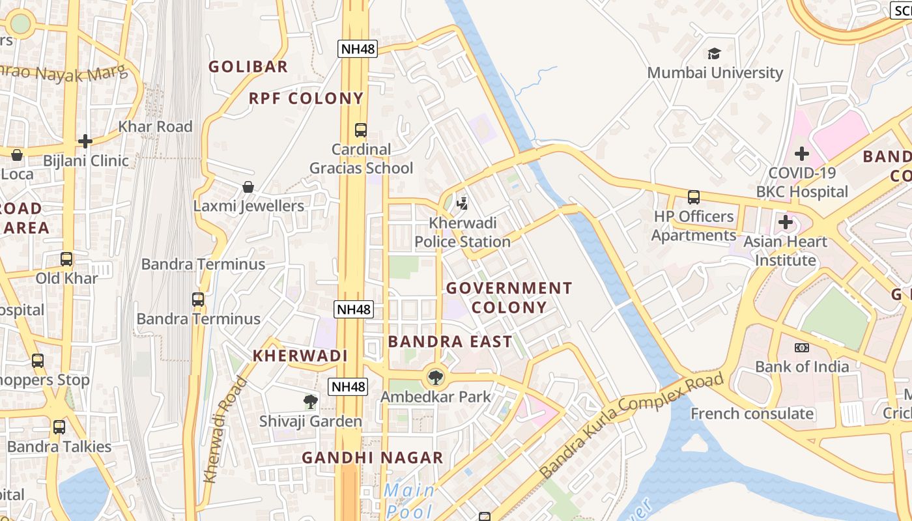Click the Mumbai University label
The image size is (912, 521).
[715, 72]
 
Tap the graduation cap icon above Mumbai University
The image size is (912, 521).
[715, 53]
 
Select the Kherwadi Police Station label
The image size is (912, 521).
[463, 232]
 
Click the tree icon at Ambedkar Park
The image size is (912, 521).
[435, 376]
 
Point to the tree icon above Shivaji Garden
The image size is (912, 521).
[311, 402]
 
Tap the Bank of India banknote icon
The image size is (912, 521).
[802, 348]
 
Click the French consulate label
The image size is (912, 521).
[752, 414]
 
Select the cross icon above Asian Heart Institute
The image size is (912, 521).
[786, 222]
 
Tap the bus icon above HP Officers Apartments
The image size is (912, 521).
[694, 197]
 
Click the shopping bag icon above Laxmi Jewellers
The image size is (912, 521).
[248, 187]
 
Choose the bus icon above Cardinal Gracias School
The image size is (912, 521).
[361, 130]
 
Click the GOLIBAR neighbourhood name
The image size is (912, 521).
[248, 66]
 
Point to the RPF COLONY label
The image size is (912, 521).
[306, 98]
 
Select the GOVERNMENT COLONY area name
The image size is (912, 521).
[509, 298]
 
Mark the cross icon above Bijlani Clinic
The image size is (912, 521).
[85, 141]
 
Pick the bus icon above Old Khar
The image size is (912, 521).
[66, 259]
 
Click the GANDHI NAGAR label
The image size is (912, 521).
[373, 458]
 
